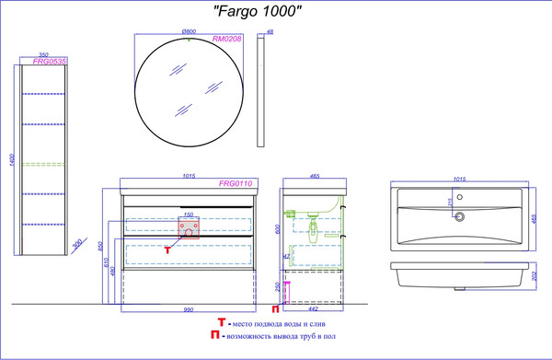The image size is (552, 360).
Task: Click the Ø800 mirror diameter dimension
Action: pos(190,33)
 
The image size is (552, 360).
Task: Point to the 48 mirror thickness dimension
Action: pos(270,33)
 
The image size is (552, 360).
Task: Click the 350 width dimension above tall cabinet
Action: pos(43,54)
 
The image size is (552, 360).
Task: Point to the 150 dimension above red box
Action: pos(189,215)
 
